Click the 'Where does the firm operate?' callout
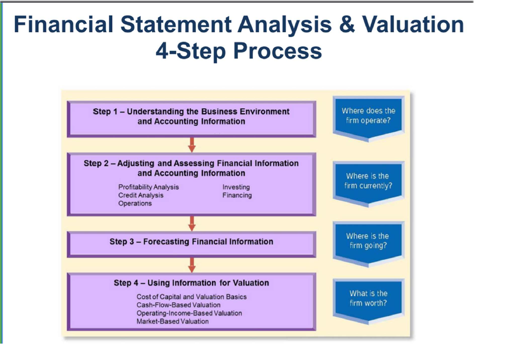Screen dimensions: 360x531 tap(368, 116)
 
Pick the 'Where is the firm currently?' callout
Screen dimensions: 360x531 tap(368, 181)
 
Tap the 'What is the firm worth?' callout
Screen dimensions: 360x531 tap(368, 298)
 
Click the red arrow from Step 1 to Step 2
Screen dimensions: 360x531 tap(191, 144)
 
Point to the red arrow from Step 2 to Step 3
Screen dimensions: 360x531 tap(191, 223)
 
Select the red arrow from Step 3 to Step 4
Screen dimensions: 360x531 tap(191, 265)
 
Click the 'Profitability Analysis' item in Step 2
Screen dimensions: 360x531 tap(149, 187)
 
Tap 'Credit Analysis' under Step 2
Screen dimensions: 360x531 tap(141, 195)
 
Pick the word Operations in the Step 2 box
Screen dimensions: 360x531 tap(135, 203)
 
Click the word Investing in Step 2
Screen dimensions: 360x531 tap(236, 187)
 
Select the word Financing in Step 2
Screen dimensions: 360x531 tap(237, 195)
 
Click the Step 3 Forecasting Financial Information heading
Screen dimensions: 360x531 tap(191, 242)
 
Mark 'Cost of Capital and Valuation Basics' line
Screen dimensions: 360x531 tap(191, 297)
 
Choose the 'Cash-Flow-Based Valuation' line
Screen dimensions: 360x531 tap(179, 305)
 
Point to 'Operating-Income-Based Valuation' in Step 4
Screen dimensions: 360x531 tap(189, 313)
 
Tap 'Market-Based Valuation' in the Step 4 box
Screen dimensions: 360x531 tap(172, 322)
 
